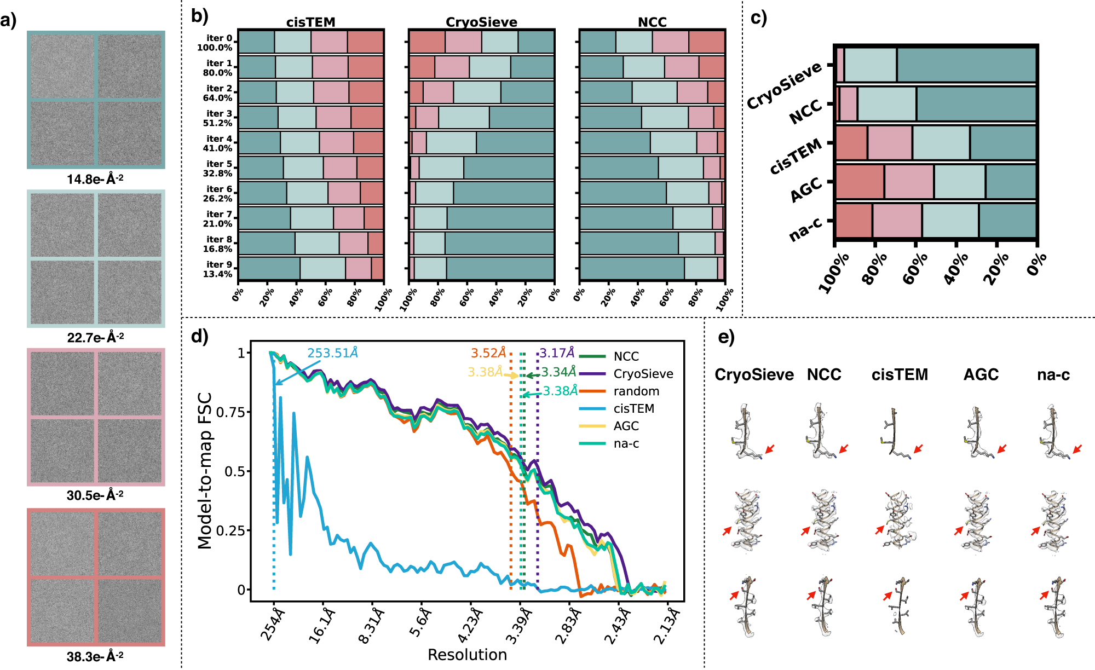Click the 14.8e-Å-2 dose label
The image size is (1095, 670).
click(x=95, y=179)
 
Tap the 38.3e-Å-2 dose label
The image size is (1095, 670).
click(x=95, y=656)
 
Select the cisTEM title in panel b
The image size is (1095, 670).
click(x=310, y=22)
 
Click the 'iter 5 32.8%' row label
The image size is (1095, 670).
click(x=218, y=169)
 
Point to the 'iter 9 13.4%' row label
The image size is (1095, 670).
click(x=218, y=269)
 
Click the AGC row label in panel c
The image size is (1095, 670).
click(x=806, y=189)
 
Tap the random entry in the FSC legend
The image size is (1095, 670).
click(x=636, y=391)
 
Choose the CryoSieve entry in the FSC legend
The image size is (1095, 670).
click(x=643, y=374)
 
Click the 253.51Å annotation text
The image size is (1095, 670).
click(x=332, y=353)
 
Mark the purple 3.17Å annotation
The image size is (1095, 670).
click(x=557, y=353)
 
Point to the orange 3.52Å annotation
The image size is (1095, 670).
click(x=488, y=353)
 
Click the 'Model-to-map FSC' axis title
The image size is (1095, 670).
click(x=205, y=471)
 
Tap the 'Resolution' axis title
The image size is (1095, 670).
click(x=467, y=655)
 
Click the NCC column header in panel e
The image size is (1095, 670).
click(x=824, y=374)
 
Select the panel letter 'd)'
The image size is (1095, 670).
click(x=200, y=336)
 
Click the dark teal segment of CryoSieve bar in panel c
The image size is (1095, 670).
click(x=966, y=65)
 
